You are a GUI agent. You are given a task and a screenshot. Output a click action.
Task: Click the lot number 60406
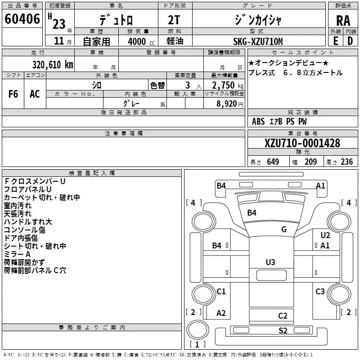(x=22, y=18)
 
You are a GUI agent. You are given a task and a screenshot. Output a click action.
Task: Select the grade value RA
(x=343, y=21)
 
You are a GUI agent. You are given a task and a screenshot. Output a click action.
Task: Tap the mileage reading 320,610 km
(x=53, y=65)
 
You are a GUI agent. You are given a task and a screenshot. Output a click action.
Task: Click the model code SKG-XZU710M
(x=258, y=41)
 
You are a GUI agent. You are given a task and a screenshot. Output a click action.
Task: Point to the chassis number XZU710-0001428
(x=302, y=143)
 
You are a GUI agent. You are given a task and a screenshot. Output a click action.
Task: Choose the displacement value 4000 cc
(x=141, y=41)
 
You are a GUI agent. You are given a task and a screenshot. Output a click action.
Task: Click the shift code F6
(x=13, y=94)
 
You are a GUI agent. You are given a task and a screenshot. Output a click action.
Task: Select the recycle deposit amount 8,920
(x=226, y=104)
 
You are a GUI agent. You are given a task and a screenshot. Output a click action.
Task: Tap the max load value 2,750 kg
(x=228, y=85)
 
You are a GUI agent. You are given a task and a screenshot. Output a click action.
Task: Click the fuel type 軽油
(x=175, y=41)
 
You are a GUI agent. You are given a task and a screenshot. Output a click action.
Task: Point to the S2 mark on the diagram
(x=283, y=331)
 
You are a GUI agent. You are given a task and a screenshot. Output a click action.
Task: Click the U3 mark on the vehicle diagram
(x=270, y=262)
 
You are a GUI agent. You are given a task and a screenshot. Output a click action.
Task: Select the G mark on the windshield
(x=284, y=229)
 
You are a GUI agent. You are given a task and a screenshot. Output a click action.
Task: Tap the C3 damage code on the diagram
(x=320, y=292)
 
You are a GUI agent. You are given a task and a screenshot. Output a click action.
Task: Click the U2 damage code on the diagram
(x=325, y=235)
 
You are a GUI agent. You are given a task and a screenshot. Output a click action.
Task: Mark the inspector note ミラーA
(x=17, y=254)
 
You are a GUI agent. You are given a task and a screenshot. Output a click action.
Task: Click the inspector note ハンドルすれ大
(x=28, y=222)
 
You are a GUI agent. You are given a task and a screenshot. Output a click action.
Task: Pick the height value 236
(x=346, y=162)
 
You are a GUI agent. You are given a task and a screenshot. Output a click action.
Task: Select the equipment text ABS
(x=258, y=121)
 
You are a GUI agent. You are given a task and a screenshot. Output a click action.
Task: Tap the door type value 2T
(x=174, y=20)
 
